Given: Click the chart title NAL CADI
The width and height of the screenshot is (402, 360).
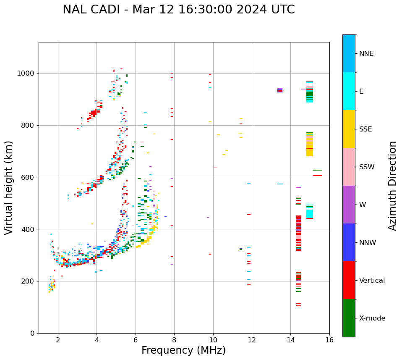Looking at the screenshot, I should point(178,10).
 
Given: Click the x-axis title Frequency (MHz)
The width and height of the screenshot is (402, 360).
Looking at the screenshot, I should point(183,350).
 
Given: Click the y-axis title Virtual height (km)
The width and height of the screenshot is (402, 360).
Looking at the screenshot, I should point(9,188).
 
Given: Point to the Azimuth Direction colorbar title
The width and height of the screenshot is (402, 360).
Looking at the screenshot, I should point(392,186).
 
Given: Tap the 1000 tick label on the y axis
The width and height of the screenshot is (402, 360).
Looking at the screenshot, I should point(26,74).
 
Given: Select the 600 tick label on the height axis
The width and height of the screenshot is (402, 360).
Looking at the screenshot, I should point(28,177).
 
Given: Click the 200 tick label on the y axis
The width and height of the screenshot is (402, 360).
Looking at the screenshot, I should point(28,281).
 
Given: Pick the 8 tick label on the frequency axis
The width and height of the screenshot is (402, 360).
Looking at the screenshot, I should point(174,340).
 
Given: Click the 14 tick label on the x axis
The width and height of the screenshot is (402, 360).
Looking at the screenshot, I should point(290,340).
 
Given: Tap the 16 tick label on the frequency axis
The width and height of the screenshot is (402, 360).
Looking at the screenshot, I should point(329,340).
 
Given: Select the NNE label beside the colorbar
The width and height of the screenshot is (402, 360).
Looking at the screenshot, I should point(366,54).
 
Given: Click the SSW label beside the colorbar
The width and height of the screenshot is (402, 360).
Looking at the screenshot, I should point(366,167).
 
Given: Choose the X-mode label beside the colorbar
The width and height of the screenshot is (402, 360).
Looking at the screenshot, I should point(372,318).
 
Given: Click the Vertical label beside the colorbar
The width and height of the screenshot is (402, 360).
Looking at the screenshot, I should point(372,281).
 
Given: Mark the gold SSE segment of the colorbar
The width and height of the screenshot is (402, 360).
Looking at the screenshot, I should point(349,129).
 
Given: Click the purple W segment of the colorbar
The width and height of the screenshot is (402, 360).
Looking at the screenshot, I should point(349,205).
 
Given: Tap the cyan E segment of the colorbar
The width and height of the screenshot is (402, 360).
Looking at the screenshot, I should point(349,91).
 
